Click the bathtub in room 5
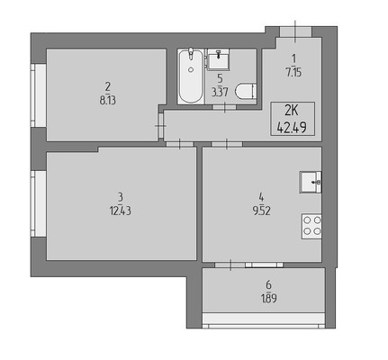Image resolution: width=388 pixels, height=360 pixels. point(191,76)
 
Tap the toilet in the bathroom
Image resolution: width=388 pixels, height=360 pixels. point(246,91)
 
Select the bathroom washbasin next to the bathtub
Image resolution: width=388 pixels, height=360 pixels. point(219,59)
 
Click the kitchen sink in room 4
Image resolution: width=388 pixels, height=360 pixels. point(311,182)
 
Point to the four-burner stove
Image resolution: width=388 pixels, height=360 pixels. point(311,226)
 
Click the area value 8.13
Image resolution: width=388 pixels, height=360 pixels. point(108,101)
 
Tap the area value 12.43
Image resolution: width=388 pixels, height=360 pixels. point(121,211)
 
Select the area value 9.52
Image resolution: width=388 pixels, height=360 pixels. point(261,211)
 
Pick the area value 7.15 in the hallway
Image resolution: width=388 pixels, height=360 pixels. point(293,72)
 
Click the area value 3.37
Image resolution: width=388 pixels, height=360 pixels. point(220,93)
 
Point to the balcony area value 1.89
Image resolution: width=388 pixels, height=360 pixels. point(268,299)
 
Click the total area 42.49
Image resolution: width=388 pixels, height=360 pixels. point(292,128)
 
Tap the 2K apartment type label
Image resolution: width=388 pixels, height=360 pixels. point(292,112)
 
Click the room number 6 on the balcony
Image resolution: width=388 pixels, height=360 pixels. point(268,284)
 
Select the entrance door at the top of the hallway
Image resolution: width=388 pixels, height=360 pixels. point(295,31)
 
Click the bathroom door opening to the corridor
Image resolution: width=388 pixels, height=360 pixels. point(224,107)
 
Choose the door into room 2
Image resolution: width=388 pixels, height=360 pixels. point(161,126)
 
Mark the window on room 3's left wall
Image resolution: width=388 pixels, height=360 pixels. point(39,203)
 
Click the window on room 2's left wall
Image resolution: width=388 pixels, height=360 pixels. point(39,95)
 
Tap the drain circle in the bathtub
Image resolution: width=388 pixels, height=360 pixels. point(191,69)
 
